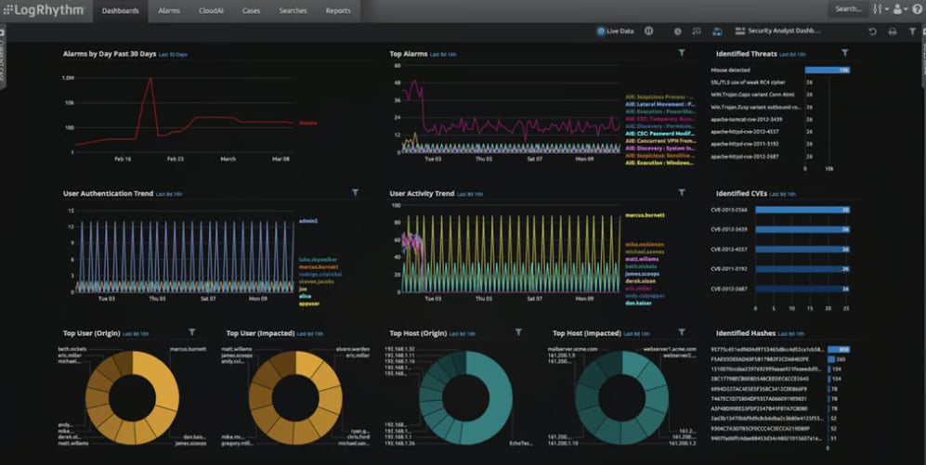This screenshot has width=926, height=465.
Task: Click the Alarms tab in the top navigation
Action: tap(169, 10)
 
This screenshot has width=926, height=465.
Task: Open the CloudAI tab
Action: tap(210, 10)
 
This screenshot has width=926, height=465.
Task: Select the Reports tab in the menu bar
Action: tap(338, 10)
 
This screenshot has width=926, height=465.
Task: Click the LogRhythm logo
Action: tap(44, 10)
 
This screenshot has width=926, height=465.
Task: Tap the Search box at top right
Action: tap(847, 9)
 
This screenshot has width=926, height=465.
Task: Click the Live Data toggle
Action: tap(616, 32)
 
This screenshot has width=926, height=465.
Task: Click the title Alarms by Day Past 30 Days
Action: tap(109, 54)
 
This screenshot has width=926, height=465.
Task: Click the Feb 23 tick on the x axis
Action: tap(175, 159)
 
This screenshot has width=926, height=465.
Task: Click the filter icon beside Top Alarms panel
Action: tap(682, 53)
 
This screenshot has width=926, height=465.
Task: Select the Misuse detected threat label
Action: tap(731, 70)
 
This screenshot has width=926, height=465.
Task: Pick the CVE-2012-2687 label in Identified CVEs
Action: tap(729, 289)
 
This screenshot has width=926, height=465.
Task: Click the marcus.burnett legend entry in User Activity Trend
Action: tap(645, 215)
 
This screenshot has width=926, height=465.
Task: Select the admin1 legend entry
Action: tap(308, 221)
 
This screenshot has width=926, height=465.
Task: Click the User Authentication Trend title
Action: tap(108, 193)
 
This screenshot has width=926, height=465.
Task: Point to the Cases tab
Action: tap(252, 10)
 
